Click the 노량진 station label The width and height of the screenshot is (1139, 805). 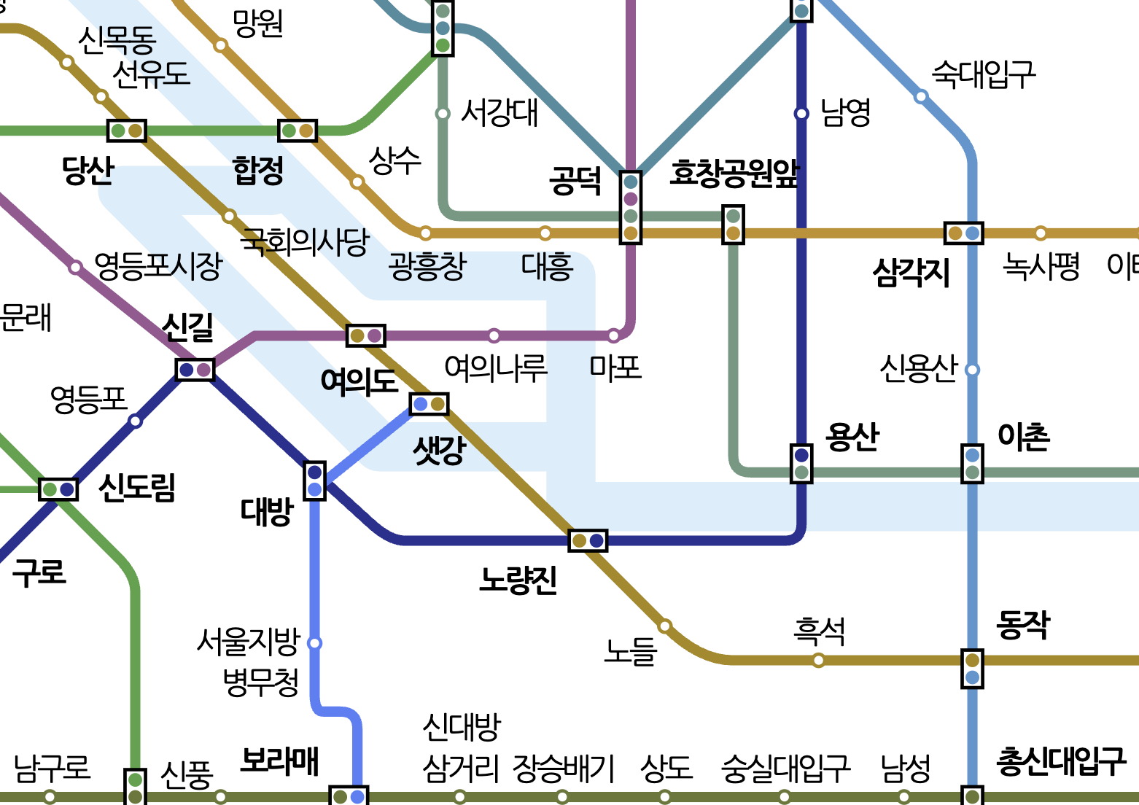coord(518,580)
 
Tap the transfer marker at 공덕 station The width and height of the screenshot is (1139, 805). coord(631,207)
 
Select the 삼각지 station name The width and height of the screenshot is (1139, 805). coord(911,273)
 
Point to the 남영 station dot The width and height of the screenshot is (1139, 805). coord(801,114)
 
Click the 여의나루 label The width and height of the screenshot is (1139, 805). coord(495,367)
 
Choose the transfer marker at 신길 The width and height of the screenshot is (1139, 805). coord(195,370)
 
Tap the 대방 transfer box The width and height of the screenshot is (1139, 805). coord(314,481)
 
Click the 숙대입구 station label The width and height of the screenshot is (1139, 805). coord(983,74)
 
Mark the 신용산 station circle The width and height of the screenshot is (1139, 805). coord(972,370)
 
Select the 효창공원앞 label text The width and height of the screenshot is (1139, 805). coord(734,174)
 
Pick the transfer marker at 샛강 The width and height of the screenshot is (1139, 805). coord(429,404)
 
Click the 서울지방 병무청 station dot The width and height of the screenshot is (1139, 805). coord(315,643)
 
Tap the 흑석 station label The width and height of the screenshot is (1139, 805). coord(819,631)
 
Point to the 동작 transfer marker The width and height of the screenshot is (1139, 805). coord(972,669)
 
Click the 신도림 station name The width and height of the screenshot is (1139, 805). coord(137,487)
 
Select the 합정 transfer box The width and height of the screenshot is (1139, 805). coord(298,131)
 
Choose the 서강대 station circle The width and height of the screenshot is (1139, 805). coord(442,114)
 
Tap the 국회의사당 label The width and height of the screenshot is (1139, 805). coord(306,241)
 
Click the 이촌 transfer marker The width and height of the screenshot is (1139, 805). coord(972,464)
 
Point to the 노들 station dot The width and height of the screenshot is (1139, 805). coord(665,626)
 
